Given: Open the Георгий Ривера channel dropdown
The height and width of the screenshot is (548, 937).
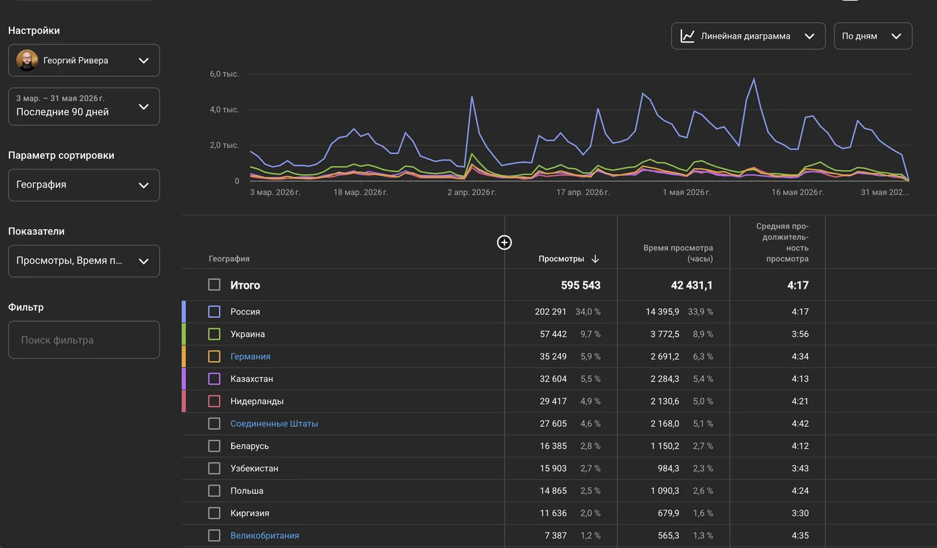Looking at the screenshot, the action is point(84,60).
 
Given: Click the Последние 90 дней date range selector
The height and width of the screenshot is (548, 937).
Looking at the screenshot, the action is point(84,107).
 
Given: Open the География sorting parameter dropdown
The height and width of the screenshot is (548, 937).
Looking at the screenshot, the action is point(84,185).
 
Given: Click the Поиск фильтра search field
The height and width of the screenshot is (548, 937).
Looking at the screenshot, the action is point(84,340).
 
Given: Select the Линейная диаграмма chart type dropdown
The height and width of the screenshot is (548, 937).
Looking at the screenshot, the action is point(748,36).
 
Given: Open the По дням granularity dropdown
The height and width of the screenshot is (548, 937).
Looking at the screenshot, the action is point(873,36).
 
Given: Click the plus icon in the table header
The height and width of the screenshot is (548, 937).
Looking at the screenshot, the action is point(504,243).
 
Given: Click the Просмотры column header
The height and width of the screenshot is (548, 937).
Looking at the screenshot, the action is point(561,259).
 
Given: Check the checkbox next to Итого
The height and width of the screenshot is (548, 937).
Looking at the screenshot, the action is point(214,285).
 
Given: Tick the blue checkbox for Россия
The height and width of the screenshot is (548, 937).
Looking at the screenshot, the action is point(214,312).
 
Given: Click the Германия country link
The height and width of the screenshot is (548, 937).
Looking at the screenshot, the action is point(250,356).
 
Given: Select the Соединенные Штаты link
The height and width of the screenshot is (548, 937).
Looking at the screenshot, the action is point(274,423).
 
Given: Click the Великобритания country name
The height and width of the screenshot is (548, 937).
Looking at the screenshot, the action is point(265,535).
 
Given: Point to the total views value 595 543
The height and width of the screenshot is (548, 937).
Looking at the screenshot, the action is point(581,285).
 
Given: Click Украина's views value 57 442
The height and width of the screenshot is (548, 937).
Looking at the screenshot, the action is point(553,334).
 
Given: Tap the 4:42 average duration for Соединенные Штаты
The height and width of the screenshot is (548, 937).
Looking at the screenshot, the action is point(800,423).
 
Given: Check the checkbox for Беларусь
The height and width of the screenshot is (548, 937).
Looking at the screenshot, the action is point(214,446).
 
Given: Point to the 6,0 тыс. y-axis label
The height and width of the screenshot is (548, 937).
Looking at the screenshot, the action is point(224,74).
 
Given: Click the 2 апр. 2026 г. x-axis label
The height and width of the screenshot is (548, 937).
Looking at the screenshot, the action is point(472,192).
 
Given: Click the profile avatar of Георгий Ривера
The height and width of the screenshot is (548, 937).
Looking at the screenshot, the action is point(27,60).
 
